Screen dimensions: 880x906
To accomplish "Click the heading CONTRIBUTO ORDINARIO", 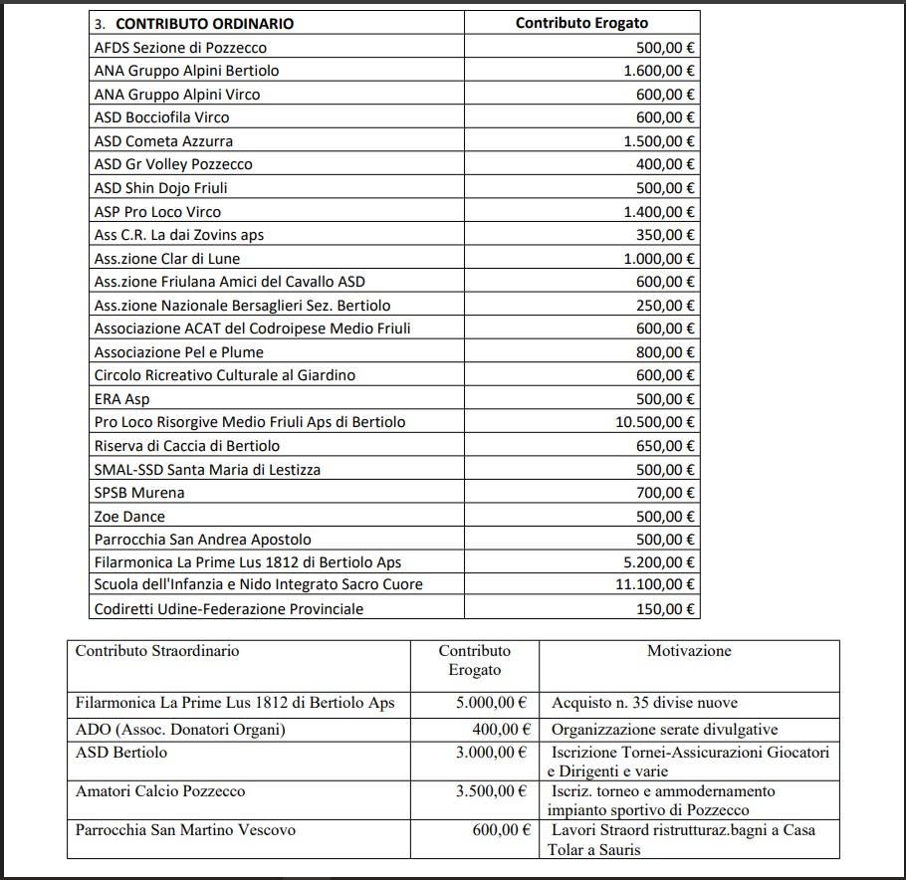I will [x=205, y=23].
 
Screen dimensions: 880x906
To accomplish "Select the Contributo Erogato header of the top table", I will [x=580, y=23].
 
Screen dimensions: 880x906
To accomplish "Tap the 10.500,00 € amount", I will [x=655, y=422].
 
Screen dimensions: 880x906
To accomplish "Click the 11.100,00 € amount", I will [x=655, y=585].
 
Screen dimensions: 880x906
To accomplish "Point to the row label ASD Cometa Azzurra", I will [x=163, y=141].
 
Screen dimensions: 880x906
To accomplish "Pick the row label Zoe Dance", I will [x=129, y=517].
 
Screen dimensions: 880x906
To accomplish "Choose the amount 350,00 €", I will [x=665, y=235].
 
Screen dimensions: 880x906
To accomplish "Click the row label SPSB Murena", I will [x=139, y=493].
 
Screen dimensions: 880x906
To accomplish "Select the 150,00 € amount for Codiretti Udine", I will [x=665, y=609].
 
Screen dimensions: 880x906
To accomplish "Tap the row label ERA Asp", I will [x=121, y=399].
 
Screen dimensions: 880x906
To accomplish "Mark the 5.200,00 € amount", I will [x=659, y=562].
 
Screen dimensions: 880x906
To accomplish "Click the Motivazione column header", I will [x=689, y=651].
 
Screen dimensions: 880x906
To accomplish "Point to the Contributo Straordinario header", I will [x=157, y=651].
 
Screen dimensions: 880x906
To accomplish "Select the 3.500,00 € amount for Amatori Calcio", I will [x=491, y=791].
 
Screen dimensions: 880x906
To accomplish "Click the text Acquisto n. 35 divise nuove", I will [x=645, y=703].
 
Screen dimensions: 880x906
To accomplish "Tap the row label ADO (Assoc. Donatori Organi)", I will [x=180, y=730].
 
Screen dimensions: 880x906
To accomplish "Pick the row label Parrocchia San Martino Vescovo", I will [x=185, y=829].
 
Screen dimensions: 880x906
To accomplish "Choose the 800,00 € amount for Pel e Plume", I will [x=665, y=352].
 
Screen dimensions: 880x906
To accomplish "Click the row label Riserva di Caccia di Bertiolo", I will [x=187, y=446].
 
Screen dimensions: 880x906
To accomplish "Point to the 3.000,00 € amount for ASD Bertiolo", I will [x=491, y=753].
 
